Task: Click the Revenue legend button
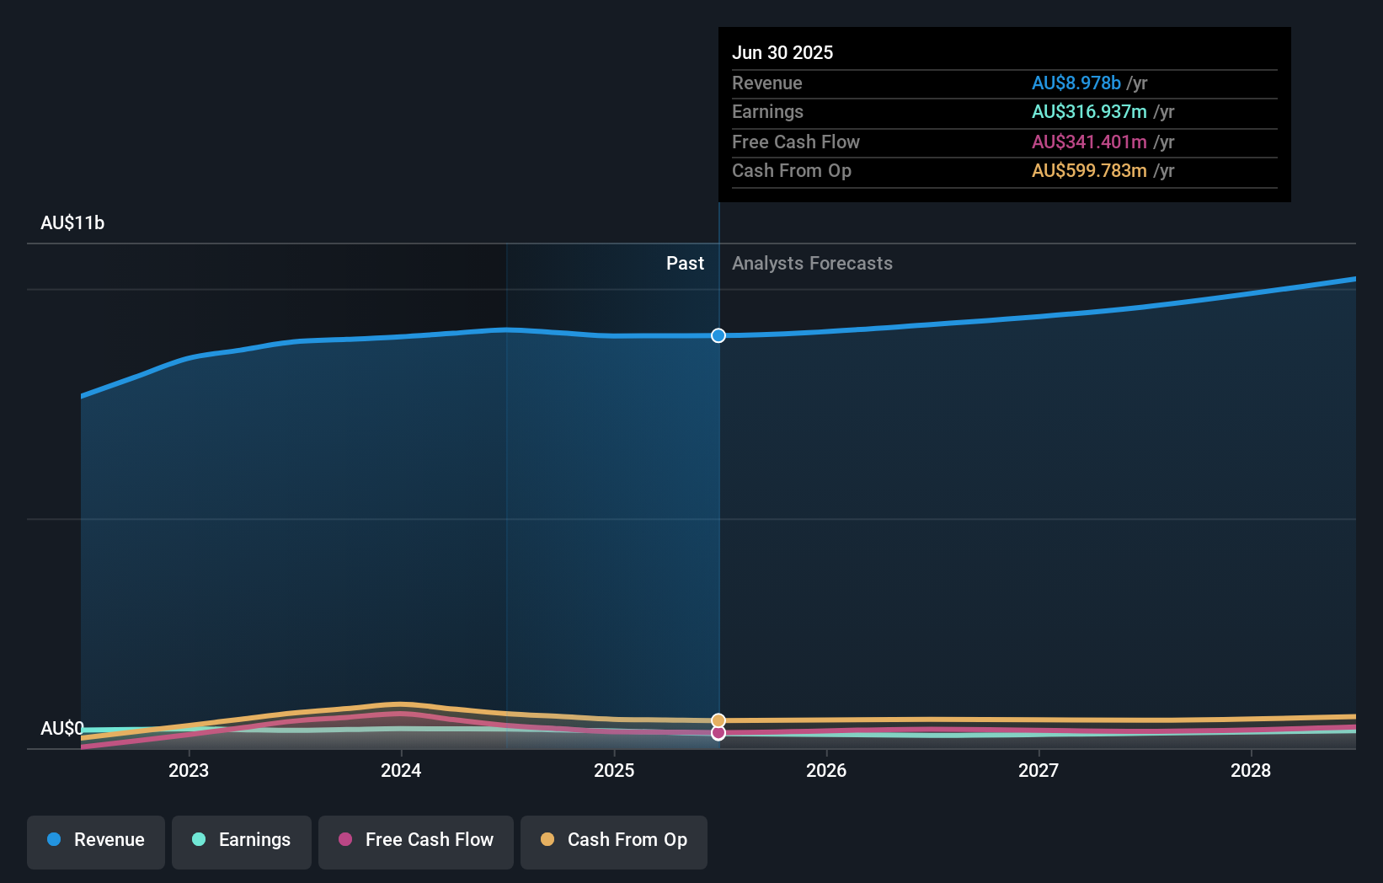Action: (x=96, y=840)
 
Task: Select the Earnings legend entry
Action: (x=242, y=840)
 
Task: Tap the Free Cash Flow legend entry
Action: (x=416, y=840)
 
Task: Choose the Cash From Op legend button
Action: (x=614, y=840)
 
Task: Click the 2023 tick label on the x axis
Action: (x=189, y=770)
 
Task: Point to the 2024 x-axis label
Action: (x=401, y=770)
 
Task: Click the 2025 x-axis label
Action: (x=614, y=770)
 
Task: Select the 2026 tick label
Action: (x=826, y=770)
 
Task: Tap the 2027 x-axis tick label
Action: (x=1039, y=770)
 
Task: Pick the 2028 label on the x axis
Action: (x=1251, y=770)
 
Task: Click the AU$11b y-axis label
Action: (x=72, y=223)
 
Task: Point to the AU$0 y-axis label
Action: (x=62, y=728)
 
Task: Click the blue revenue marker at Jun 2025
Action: (x=718, y=335)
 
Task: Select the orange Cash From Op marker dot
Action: (x=718, y=720)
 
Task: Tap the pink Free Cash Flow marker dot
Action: (x=718, y=733)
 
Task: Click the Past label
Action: (x=685, y=264)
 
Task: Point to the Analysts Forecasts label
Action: (x=812, y=264)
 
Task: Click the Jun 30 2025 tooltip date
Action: (x=782, y=53)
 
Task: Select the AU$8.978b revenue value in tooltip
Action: (x=1076, y=83)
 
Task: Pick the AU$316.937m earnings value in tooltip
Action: (x=1089, y=112)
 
